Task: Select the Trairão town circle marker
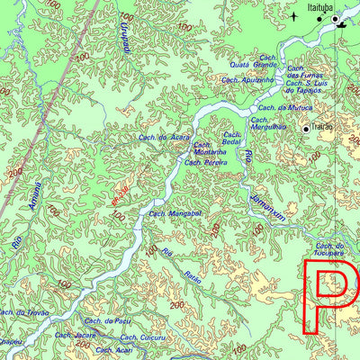click(307, 130)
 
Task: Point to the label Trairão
click(322, 128)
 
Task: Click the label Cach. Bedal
click(232, 139)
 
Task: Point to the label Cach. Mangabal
click(174, 213)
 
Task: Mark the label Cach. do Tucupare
click(330, 248)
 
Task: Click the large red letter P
click(325, 297)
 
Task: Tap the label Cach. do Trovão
click(23, 311)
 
